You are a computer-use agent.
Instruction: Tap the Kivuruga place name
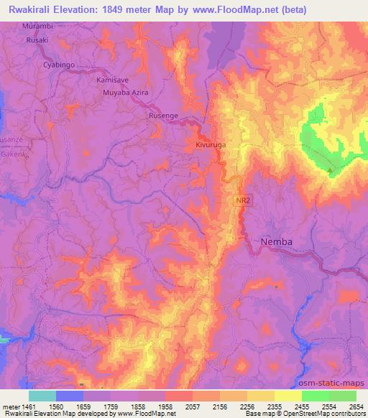(x=211, y=145)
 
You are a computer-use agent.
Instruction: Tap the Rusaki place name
(x=37, y=40)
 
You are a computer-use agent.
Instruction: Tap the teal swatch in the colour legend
(x=42, y=396)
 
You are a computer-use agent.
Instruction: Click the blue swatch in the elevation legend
(x=70, y=396)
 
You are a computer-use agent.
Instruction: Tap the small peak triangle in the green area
(x=331, y=170)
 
